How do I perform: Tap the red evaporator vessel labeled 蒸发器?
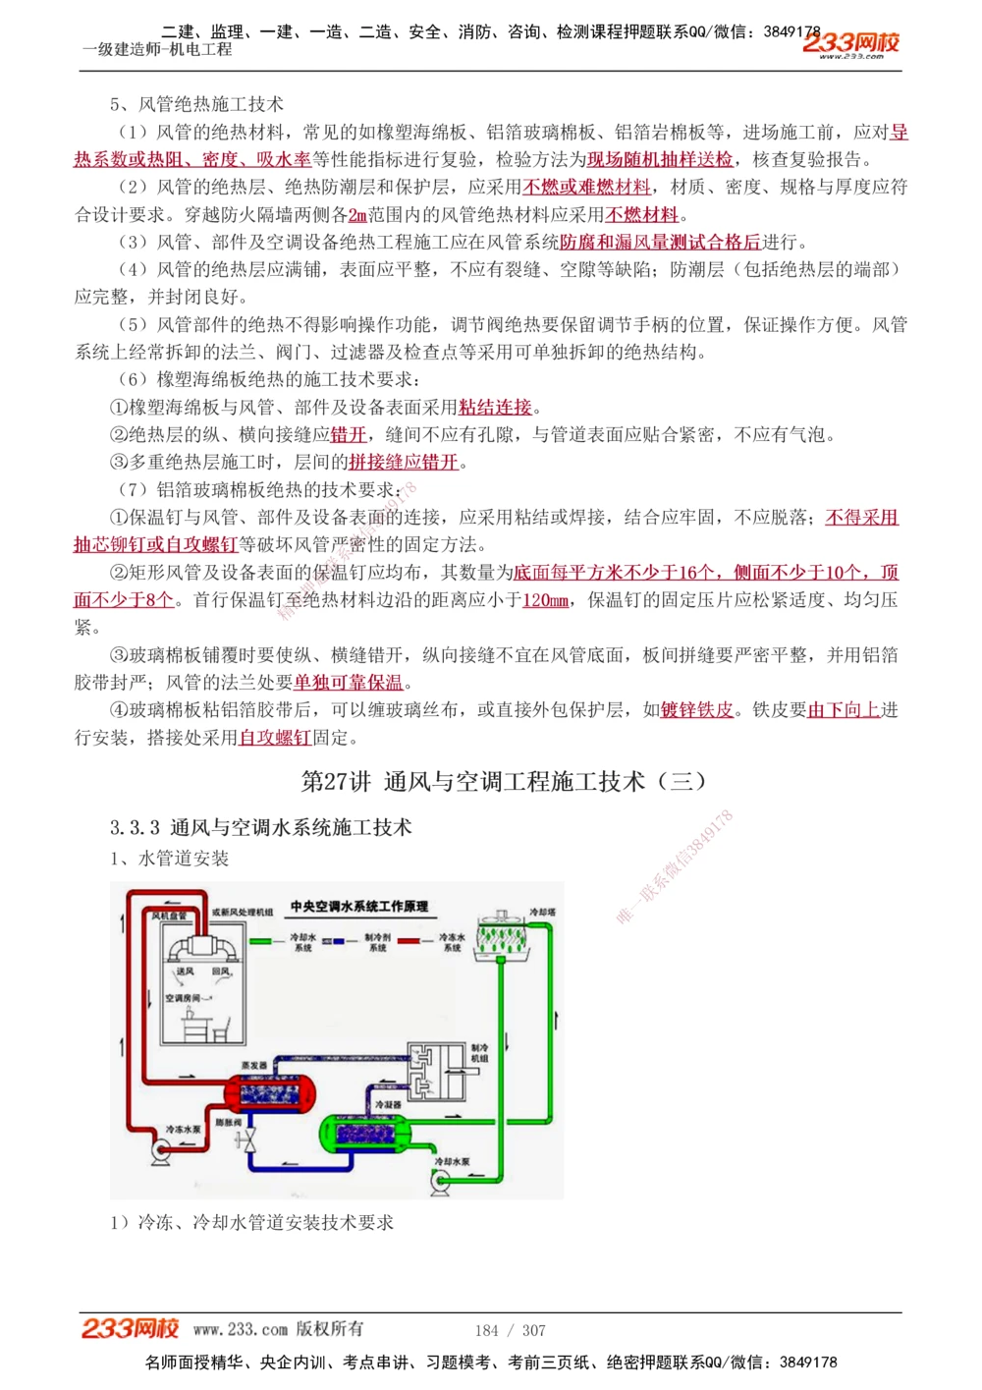pyautogui.click(x=270, y=1092)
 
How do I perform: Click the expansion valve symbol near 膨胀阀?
pyautogui.click(x=251, y=1140)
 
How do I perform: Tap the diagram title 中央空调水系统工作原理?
pyautogui.click(x=359, y=907)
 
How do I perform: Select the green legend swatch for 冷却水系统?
pyautogui.click(x=261, y=941)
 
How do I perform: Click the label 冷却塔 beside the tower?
pyautogui.click(x=542, y=912)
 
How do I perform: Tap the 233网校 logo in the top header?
pyautogui.click(x=850, y=43)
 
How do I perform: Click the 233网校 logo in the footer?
pyautogui.click(x=130, y=1329)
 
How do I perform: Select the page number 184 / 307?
pyautogui.click(x=510, y=1330)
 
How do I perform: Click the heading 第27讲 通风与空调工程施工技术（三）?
pyautogui.click(x=504, y=782)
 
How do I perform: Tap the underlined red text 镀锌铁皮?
pyautogui.click(x=697, y=710)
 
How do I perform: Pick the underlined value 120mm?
pyautogui.click(x=546, y=600)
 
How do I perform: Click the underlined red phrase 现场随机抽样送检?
pyautogui.click(x=660, y=159)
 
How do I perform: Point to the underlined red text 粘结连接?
pyautogui.click(x=495, y=407)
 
